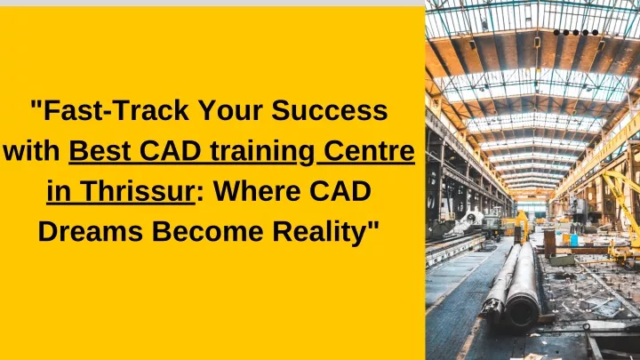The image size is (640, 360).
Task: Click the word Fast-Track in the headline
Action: (116, 110)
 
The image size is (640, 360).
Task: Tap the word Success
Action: (329, 110)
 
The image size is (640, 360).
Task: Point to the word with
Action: (31, 150)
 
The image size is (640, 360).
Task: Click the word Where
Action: (257, 191)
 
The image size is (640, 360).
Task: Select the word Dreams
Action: (90, 231)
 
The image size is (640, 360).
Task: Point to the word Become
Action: (207, 231)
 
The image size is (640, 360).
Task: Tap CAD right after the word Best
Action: (170, 150)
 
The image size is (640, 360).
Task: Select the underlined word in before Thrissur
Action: (59, 191)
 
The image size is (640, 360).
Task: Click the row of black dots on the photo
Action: (576, 32)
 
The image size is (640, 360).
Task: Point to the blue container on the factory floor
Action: (574, 240)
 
